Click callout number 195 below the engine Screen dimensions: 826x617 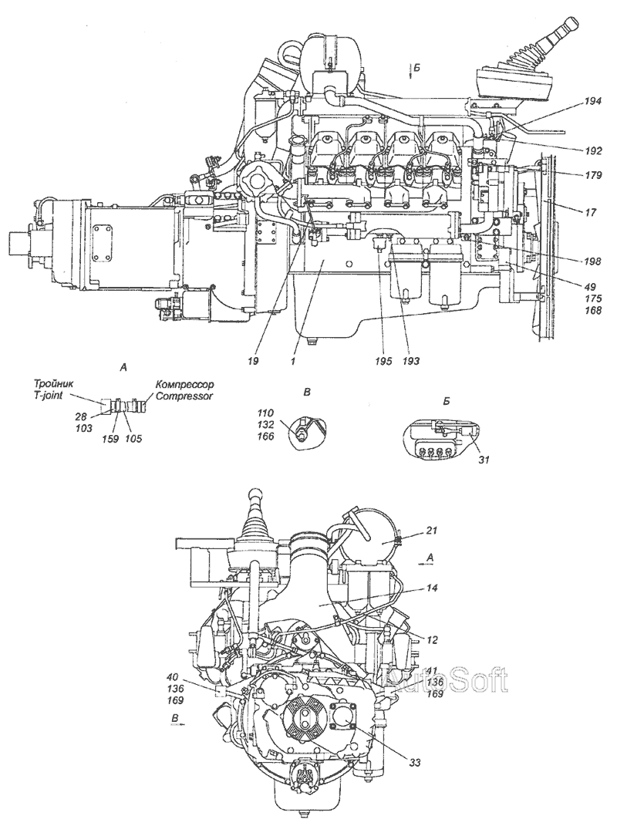pos(384,360)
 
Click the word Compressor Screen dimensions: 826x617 pos(184,396)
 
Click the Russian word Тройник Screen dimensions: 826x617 pos(52,384)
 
